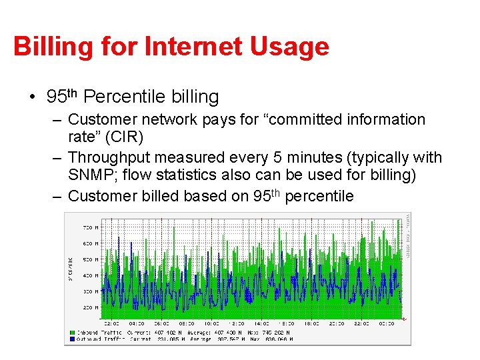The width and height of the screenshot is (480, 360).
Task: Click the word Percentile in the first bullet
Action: point(123,97)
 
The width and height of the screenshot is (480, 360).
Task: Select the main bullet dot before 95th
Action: point(32,98)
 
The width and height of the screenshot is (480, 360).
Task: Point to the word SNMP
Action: point(89,175)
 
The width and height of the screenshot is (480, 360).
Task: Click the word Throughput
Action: point(112,157)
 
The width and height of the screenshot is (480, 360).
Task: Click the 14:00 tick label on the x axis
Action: point(261,323)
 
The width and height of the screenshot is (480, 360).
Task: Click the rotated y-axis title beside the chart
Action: point(71,268)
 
